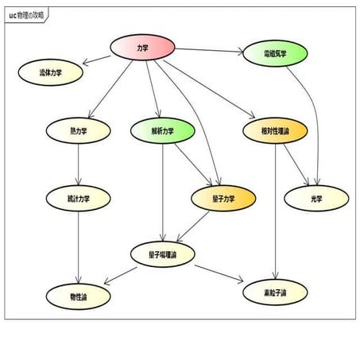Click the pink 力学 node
tap(142, 48)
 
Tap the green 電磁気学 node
tap(275, 54)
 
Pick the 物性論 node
tap(78, 296)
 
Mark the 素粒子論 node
tap(275, 292)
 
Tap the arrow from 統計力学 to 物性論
tap(78, 246)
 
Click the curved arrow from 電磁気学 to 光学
tap(314, 119)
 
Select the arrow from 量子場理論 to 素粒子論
tap(219, 273)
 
